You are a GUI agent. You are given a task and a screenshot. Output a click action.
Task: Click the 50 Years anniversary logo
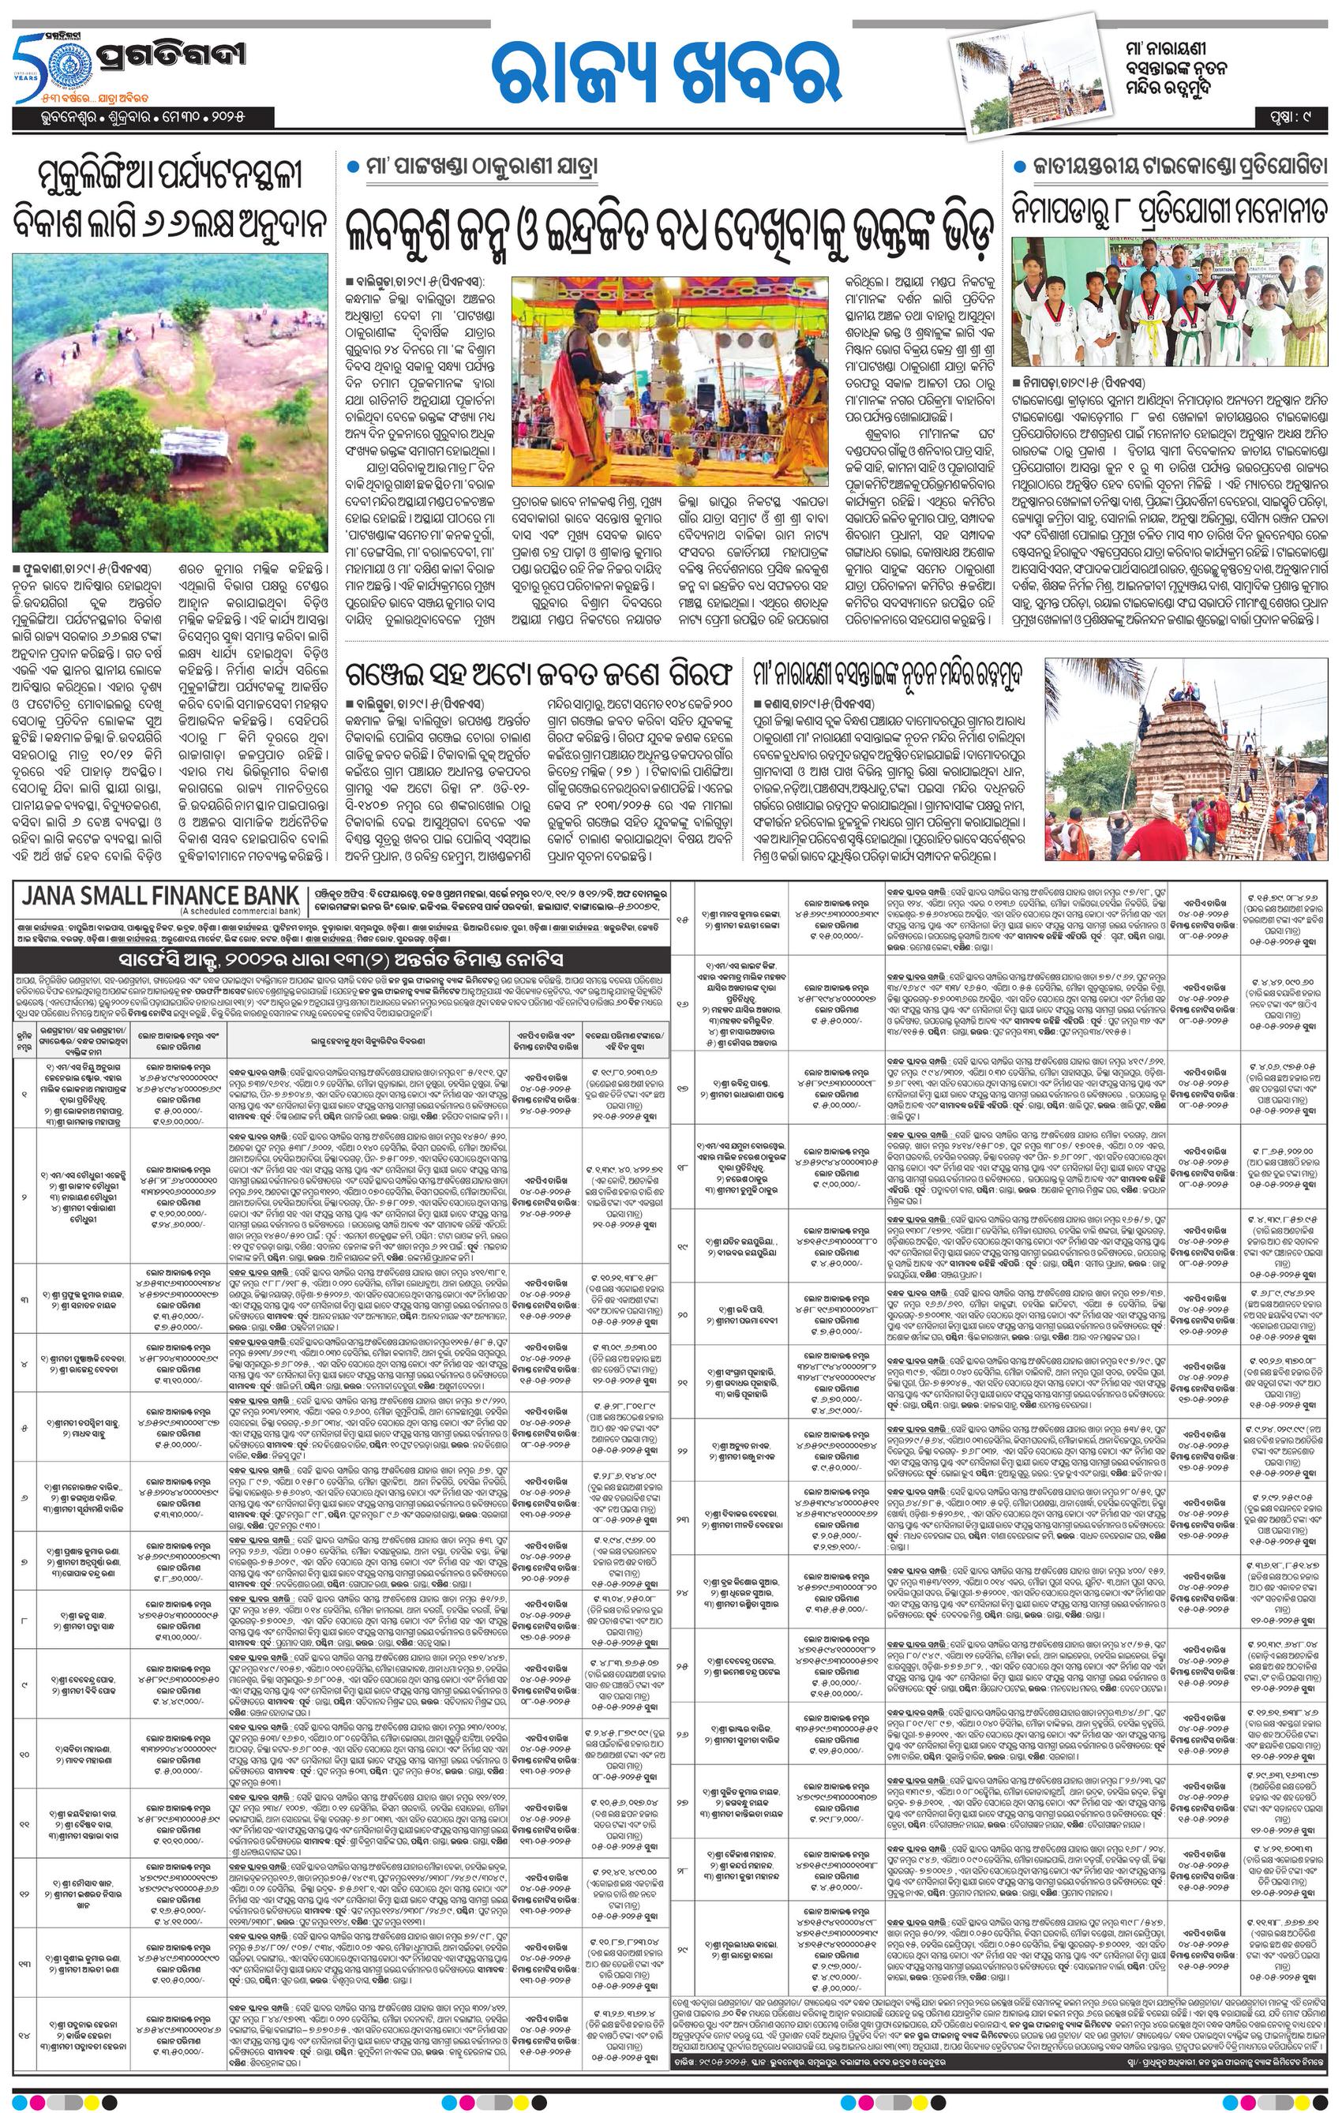coord(38,70)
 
